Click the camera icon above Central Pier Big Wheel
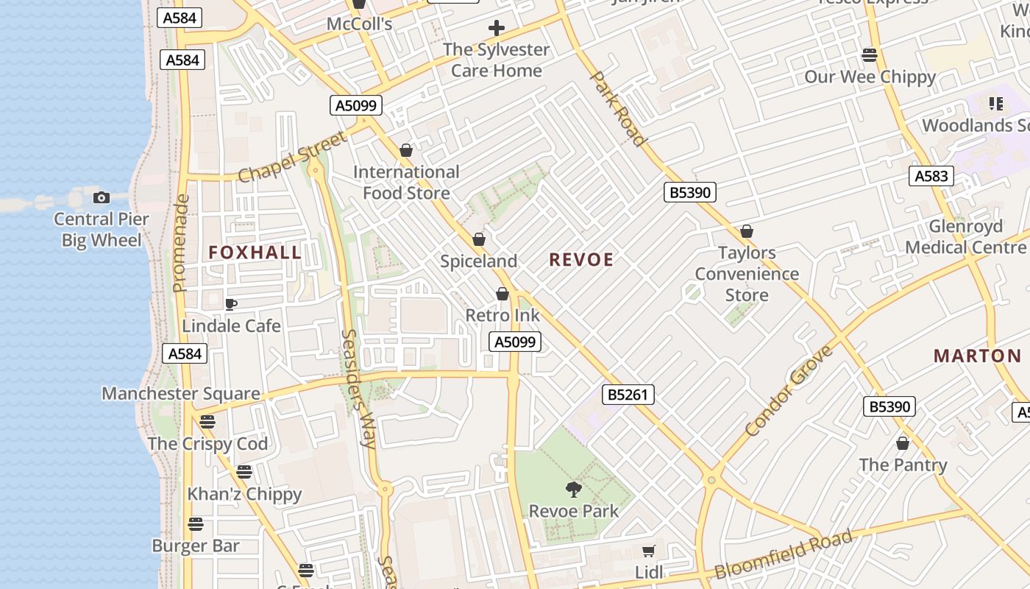click(102, 197)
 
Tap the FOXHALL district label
click(255, 253)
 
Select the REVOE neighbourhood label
click(581, 260)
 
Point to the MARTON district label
click(978, 356)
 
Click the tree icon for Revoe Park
click(574, 489)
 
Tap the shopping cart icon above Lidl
click(648, 551)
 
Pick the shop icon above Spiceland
click(479, 240)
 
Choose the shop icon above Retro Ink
click(502, 294)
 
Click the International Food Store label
click(406, 183)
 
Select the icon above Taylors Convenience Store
click(747, 232)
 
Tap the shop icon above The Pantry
click(903, 443)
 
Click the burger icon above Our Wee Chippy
click(870, 55)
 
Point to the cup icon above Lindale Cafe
click(231, 304)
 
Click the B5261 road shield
click(628, 395)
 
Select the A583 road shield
click(931, 176)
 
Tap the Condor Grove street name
click(789, 390)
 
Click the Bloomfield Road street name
click(784, 554)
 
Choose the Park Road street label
click(619, 108)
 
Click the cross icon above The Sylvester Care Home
click(497, 29)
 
